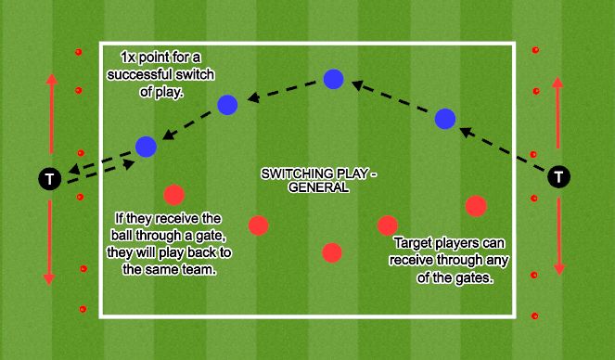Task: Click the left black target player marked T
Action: [48, 176]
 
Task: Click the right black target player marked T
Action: [558, 175]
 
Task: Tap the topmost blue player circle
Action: [334, 79]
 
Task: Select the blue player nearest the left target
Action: [146, 146]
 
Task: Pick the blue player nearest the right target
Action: [445, 118]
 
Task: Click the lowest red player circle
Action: [331, 252]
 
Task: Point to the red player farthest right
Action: [476, 205]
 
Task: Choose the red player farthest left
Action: [173, 195]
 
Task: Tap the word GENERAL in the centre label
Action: [320, 186]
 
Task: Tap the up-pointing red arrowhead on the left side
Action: [51, 77]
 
